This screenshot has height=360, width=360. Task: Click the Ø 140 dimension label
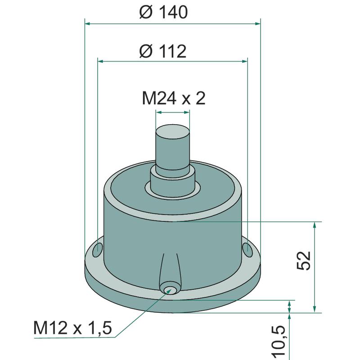point(163,12)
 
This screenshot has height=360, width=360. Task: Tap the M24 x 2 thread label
point(174,98)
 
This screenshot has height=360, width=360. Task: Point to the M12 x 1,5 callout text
point(72,328)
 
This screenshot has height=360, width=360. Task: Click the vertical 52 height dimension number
point(303,261)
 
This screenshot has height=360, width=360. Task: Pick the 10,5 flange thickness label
point(279,342)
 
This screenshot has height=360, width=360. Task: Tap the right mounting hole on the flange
point(247,250)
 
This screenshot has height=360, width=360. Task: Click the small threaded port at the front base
point(169,288)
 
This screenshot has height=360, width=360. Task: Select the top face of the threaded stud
point(173,131)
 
